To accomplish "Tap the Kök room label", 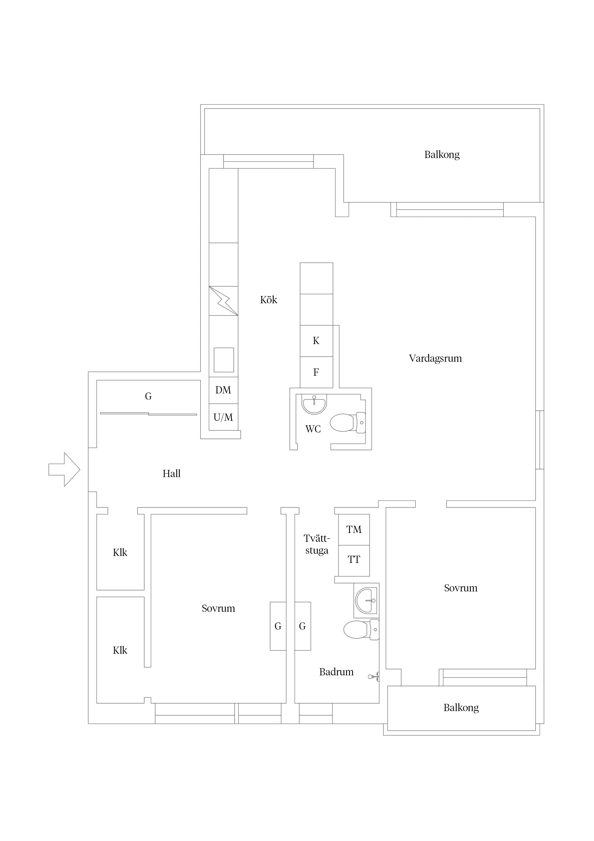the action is point(269,300).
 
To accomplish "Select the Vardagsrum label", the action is point(435,358).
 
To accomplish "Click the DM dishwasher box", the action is point(223,391).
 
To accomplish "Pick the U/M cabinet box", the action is point(223,417).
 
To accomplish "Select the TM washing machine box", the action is point(354,530).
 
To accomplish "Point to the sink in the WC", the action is point(314,404).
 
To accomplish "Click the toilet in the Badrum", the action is point(361,630).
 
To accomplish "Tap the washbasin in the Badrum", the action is point(366,601).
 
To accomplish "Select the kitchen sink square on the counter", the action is point(224,360).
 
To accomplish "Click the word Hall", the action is point(172,474).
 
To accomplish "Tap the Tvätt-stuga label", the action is point(317,545).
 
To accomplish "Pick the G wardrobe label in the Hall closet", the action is point(148,396).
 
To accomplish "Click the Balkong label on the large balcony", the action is point(442,155).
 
